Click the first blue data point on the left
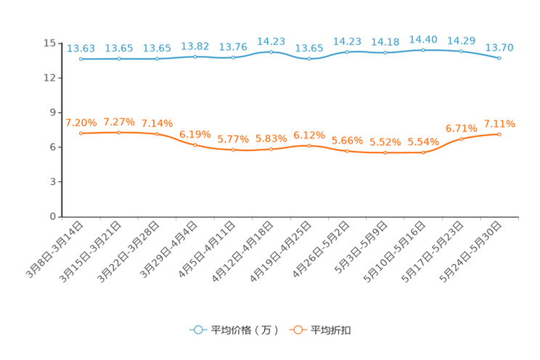coord(81,59)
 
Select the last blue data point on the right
coord(499,58)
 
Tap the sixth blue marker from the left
coord(271,52)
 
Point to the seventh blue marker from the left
coord(309,58)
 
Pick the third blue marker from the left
coord(157,58)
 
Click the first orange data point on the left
coord(81,134)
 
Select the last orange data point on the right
coord(499,134)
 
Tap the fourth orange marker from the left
coord(195,145)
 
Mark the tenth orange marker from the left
coord(423,152)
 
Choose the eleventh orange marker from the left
coord(462,139)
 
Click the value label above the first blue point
coord(81,48)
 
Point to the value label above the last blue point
coord(499,47)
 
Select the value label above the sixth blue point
coord(271,41)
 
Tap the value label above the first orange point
coord(81,123)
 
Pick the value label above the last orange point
coord(499,123)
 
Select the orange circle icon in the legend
coord(298,330)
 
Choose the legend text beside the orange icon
coord(331,330)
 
